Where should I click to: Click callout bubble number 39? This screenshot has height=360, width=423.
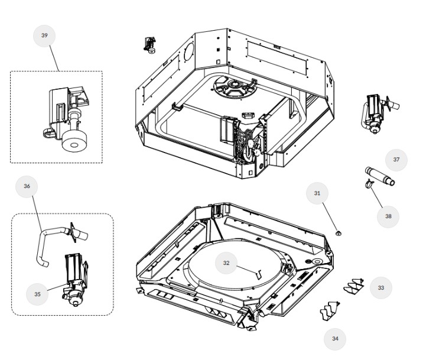pyautogui.click(x=44, y=35)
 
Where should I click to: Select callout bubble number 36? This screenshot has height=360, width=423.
pyautogui.click(x=27, y=186)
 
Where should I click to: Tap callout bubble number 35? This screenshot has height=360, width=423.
pyautogui.click(x=37, y=294)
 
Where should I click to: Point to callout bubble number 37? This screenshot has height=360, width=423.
pyautogui.click(x=396, y=160)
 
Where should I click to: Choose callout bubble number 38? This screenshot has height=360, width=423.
pyautogui.click(x=388, y=216)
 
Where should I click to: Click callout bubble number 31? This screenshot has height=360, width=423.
pyautogui.click(x=317, y=193)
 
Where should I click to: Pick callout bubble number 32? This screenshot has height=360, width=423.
pyautogui.click(x=226, y=263)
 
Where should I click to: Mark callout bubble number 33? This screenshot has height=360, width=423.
pyautogui.click(x=381, y=288)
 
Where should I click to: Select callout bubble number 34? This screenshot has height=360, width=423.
pyautogui.click(x=335, y=339)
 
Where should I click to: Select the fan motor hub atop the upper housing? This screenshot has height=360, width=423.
pyautogui.click(x=235, y=89)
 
